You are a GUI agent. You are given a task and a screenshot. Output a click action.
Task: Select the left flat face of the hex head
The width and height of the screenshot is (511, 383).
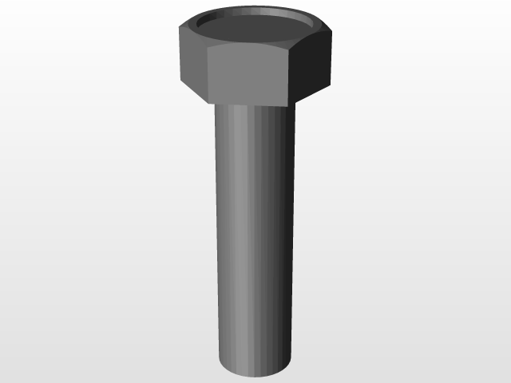(x=192, y=64)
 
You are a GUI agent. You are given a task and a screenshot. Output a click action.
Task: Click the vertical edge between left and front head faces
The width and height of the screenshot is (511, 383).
(x=208, y=76)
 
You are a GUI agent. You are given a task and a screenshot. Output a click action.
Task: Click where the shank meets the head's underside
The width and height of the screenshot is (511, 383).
(x=253, y=106)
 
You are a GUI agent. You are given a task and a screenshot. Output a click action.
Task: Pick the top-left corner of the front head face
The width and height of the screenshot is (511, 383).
(x=208, y=49)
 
